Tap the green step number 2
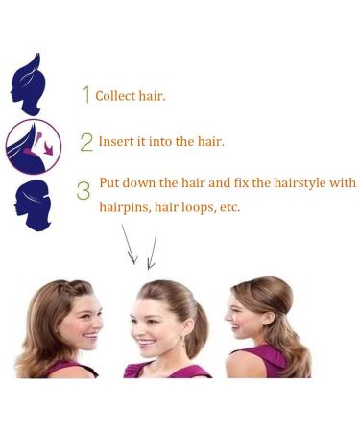coord(86,142)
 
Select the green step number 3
coord(84,189)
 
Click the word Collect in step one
coord(113,96)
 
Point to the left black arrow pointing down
coord(129,246)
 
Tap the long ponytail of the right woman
coord(292,341)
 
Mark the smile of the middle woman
coord(148,341)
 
